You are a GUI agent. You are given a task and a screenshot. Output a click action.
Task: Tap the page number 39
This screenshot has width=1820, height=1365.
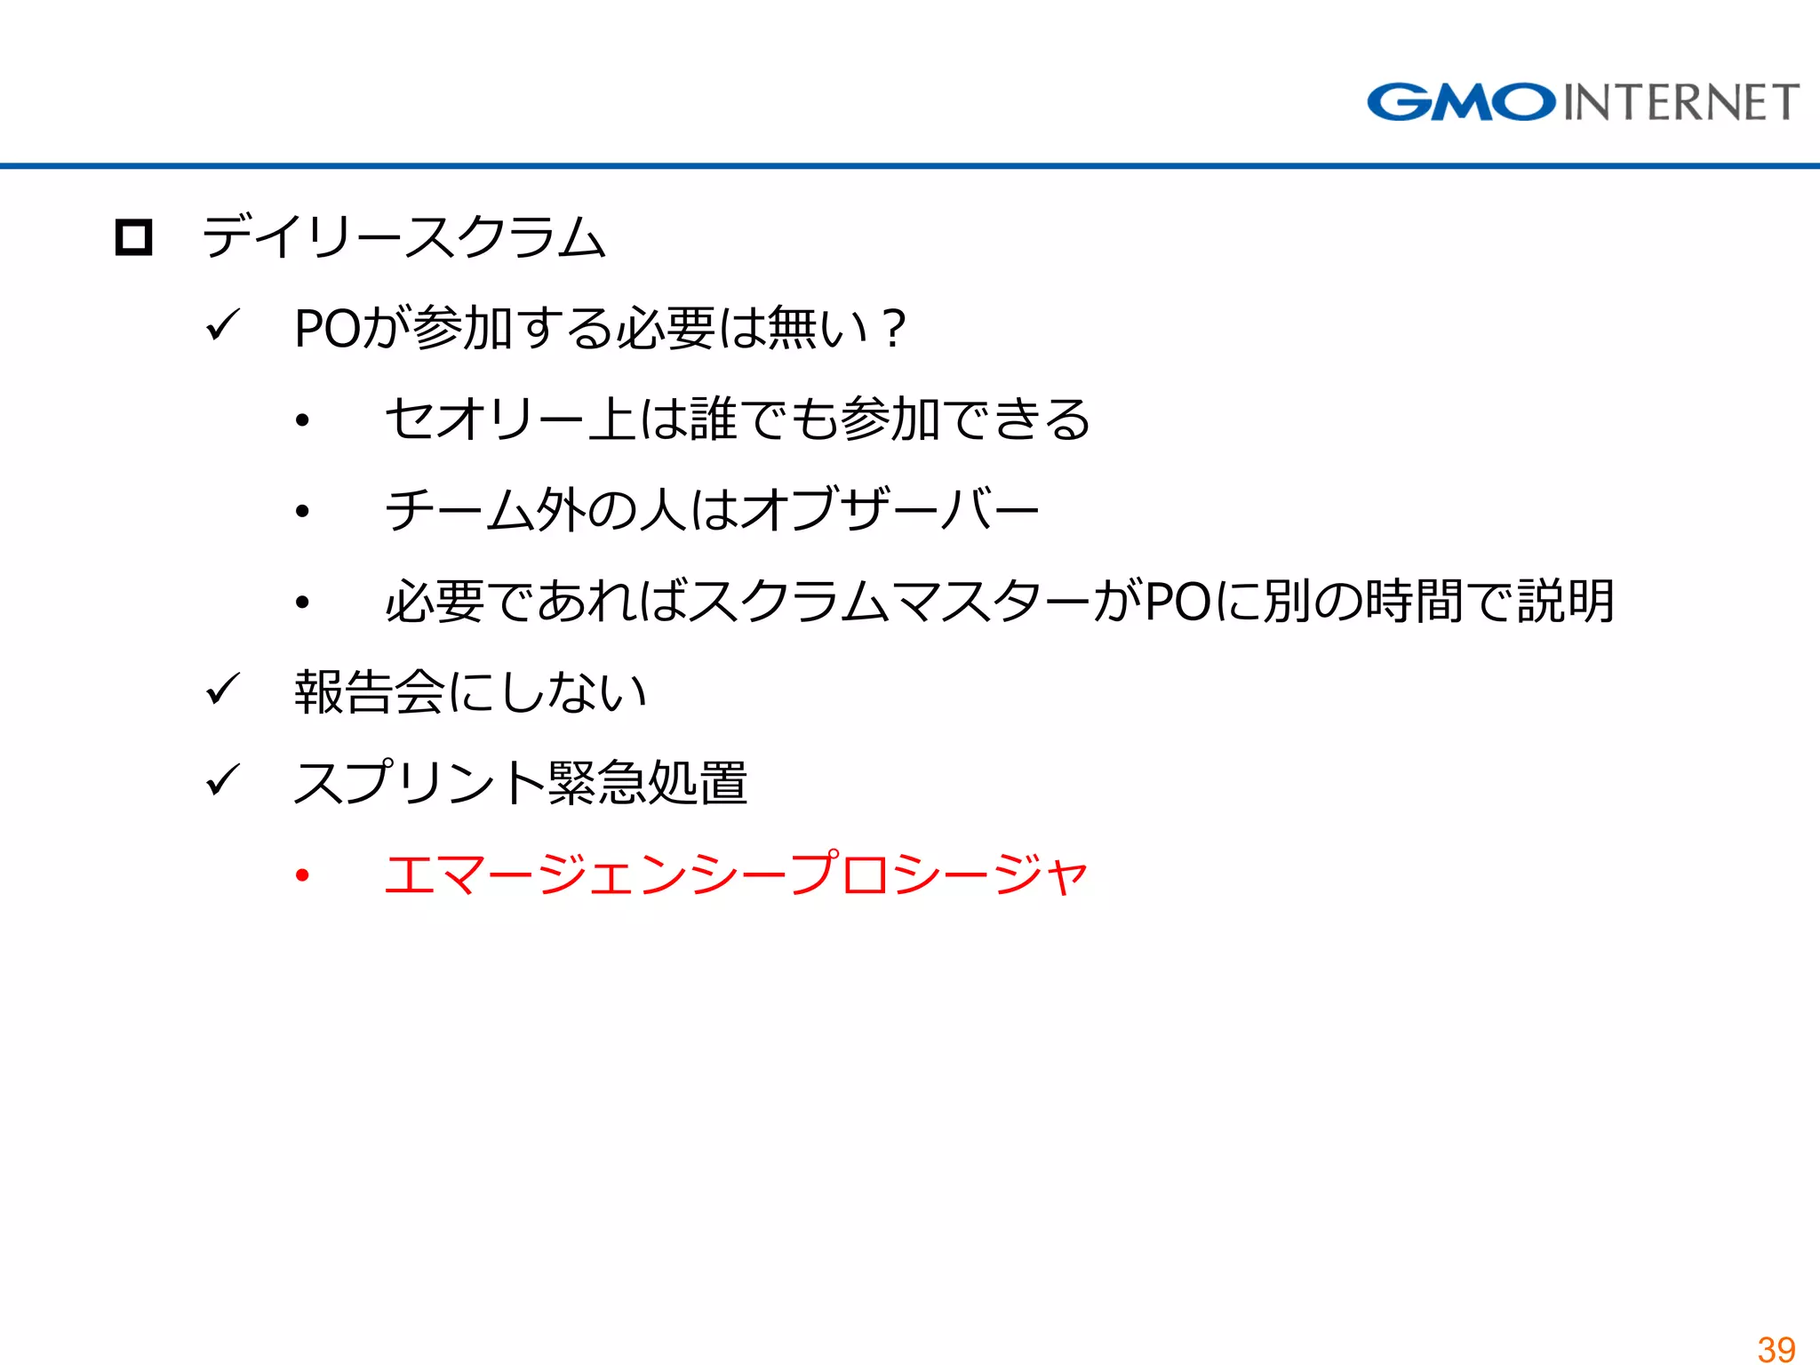(1776, 1349)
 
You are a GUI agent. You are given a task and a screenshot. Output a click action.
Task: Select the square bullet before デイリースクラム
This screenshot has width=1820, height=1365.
(134, 237)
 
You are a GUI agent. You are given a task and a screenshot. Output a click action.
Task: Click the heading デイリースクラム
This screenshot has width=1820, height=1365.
(404, 237)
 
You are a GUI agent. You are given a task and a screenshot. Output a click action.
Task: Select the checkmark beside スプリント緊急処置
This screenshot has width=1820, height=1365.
(222, 780)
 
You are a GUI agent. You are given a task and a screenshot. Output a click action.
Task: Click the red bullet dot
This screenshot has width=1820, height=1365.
(303, 875)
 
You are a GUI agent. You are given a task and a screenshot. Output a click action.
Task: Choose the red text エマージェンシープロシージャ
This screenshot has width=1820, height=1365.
(736, 874)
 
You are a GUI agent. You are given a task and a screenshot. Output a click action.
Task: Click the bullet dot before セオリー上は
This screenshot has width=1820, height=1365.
(303, 420)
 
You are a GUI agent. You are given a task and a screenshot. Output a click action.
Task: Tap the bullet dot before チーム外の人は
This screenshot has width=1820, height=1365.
(303, 511)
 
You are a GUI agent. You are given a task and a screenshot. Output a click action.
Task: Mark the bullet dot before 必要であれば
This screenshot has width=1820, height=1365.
(303, 603)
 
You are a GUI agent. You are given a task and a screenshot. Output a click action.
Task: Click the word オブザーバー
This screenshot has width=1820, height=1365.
(890, 510)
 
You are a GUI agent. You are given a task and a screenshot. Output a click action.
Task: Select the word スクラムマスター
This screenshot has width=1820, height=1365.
(889, 602)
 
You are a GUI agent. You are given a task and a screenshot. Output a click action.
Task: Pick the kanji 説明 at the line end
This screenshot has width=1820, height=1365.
(1565, 602)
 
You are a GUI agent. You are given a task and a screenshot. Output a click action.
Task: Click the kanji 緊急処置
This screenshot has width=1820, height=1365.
(648, 783)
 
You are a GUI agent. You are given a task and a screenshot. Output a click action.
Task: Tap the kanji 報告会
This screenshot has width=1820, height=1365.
(370, 692)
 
